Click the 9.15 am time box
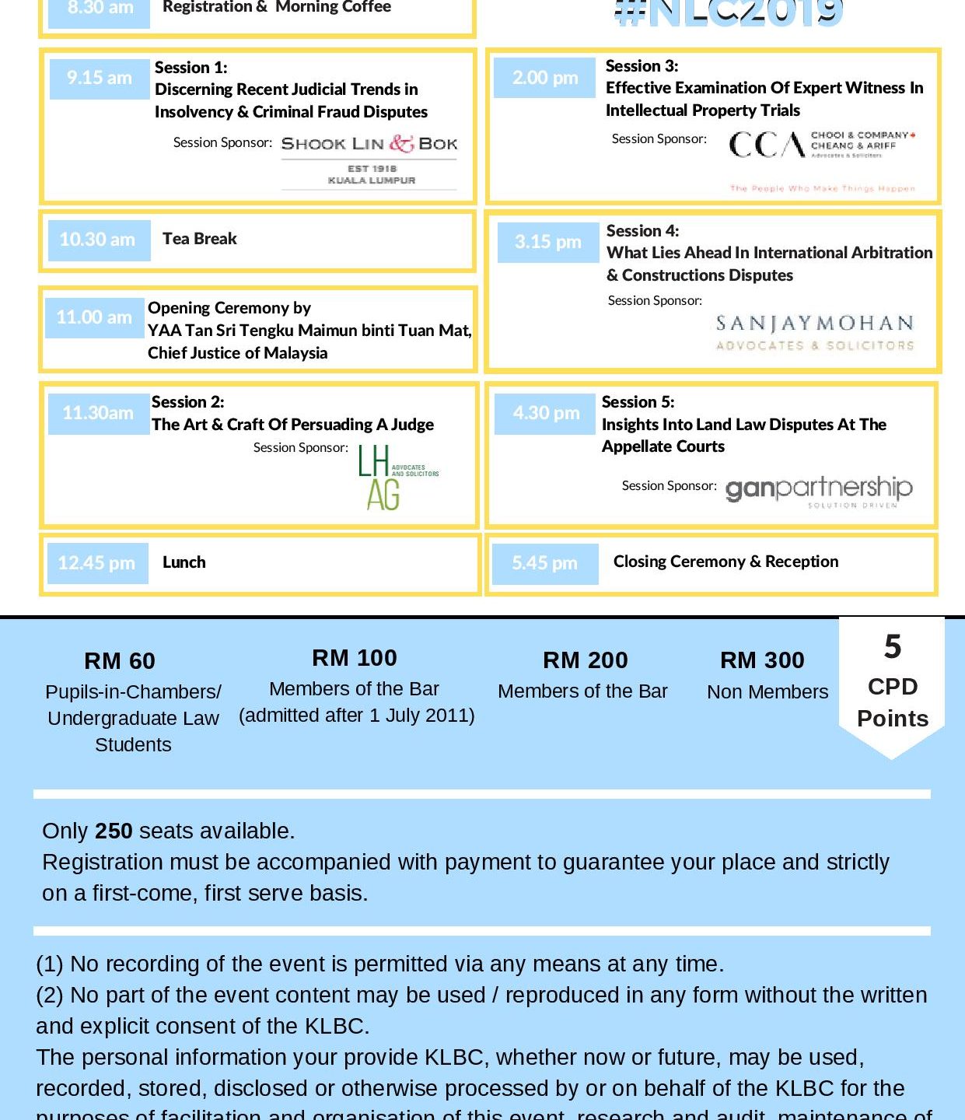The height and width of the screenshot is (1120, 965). tap(99, 79)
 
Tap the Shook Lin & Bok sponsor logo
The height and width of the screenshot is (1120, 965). tap(369, 159)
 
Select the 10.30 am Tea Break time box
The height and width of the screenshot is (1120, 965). tap(98, 240)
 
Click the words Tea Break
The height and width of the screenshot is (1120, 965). tap(199, 239)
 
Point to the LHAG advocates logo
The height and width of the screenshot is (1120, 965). tap(397, 477)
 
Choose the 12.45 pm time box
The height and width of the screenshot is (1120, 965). tap(96, 563)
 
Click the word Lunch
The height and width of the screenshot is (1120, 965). tap(184, 562)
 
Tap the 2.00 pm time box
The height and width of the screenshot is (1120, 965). tap(545, 78)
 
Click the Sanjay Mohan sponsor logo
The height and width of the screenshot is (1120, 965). tap(814, 333)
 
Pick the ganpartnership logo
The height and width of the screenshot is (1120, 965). tap(818, 490)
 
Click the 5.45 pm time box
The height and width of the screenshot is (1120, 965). tap(544, 563)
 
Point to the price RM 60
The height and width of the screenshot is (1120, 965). tap(120, 661)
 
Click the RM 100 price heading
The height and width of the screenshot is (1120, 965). tap(355, 658)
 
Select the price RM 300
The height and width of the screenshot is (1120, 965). tap(762, 660)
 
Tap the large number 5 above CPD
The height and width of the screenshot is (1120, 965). tap(892, 647)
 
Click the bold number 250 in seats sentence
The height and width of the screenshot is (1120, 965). tap(114, 831)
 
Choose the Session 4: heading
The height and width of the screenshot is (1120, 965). tap(642, 231)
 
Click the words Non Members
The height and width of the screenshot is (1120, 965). tap(767, 692)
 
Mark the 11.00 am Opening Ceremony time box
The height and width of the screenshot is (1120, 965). tap(94, 318)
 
